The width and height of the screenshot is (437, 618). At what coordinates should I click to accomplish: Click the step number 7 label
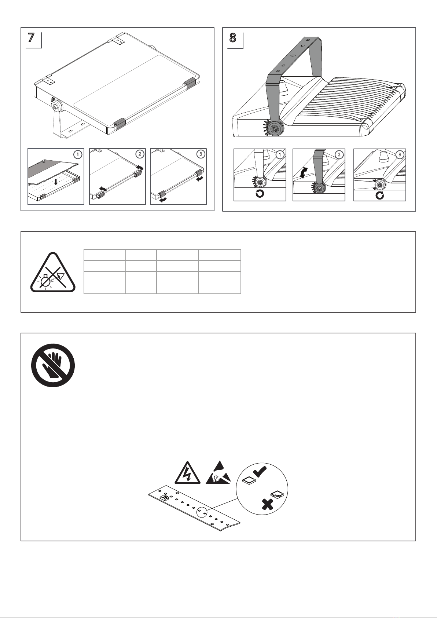(31, 38)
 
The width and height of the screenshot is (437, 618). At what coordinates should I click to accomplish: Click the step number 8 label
(233, 38)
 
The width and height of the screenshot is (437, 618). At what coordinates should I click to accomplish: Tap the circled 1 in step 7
(78, 154)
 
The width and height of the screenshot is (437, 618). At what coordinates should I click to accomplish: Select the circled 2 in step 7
(140, 154)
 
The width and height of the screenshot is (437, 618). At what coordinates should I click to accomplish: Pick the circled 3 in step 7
(201, 154)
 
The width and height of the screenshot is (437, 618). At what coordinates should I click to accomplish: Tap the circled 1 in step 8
(280, 154)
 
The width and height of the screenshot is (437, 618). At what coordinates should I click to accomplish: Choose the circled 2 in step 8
(339, 154)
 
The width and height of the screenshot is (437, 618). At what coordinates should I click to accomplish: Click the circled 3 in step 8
(400, 154)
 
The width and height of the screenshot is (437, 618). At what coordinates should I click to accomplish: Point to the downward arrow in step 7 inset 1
(56, 182)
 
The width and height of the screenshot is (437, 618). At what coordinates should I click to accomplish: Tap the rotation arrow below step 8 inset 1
(260, 194)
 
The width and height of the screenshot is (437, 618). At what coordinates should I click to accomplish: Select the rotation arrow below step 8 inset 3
(380, 195)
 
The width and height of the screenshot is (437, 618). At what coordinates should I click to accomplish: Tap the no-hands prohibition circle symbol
(53, 365)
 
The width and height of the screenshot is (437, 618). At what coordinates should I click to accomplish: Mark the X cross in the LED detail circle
(267, 505)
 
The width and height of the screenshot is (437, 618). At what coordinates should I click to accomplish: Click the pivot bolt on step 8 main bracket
(274, 129)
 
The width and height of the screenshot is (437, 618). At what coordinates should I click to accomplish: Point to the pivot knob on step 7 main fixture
(56, 106)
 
